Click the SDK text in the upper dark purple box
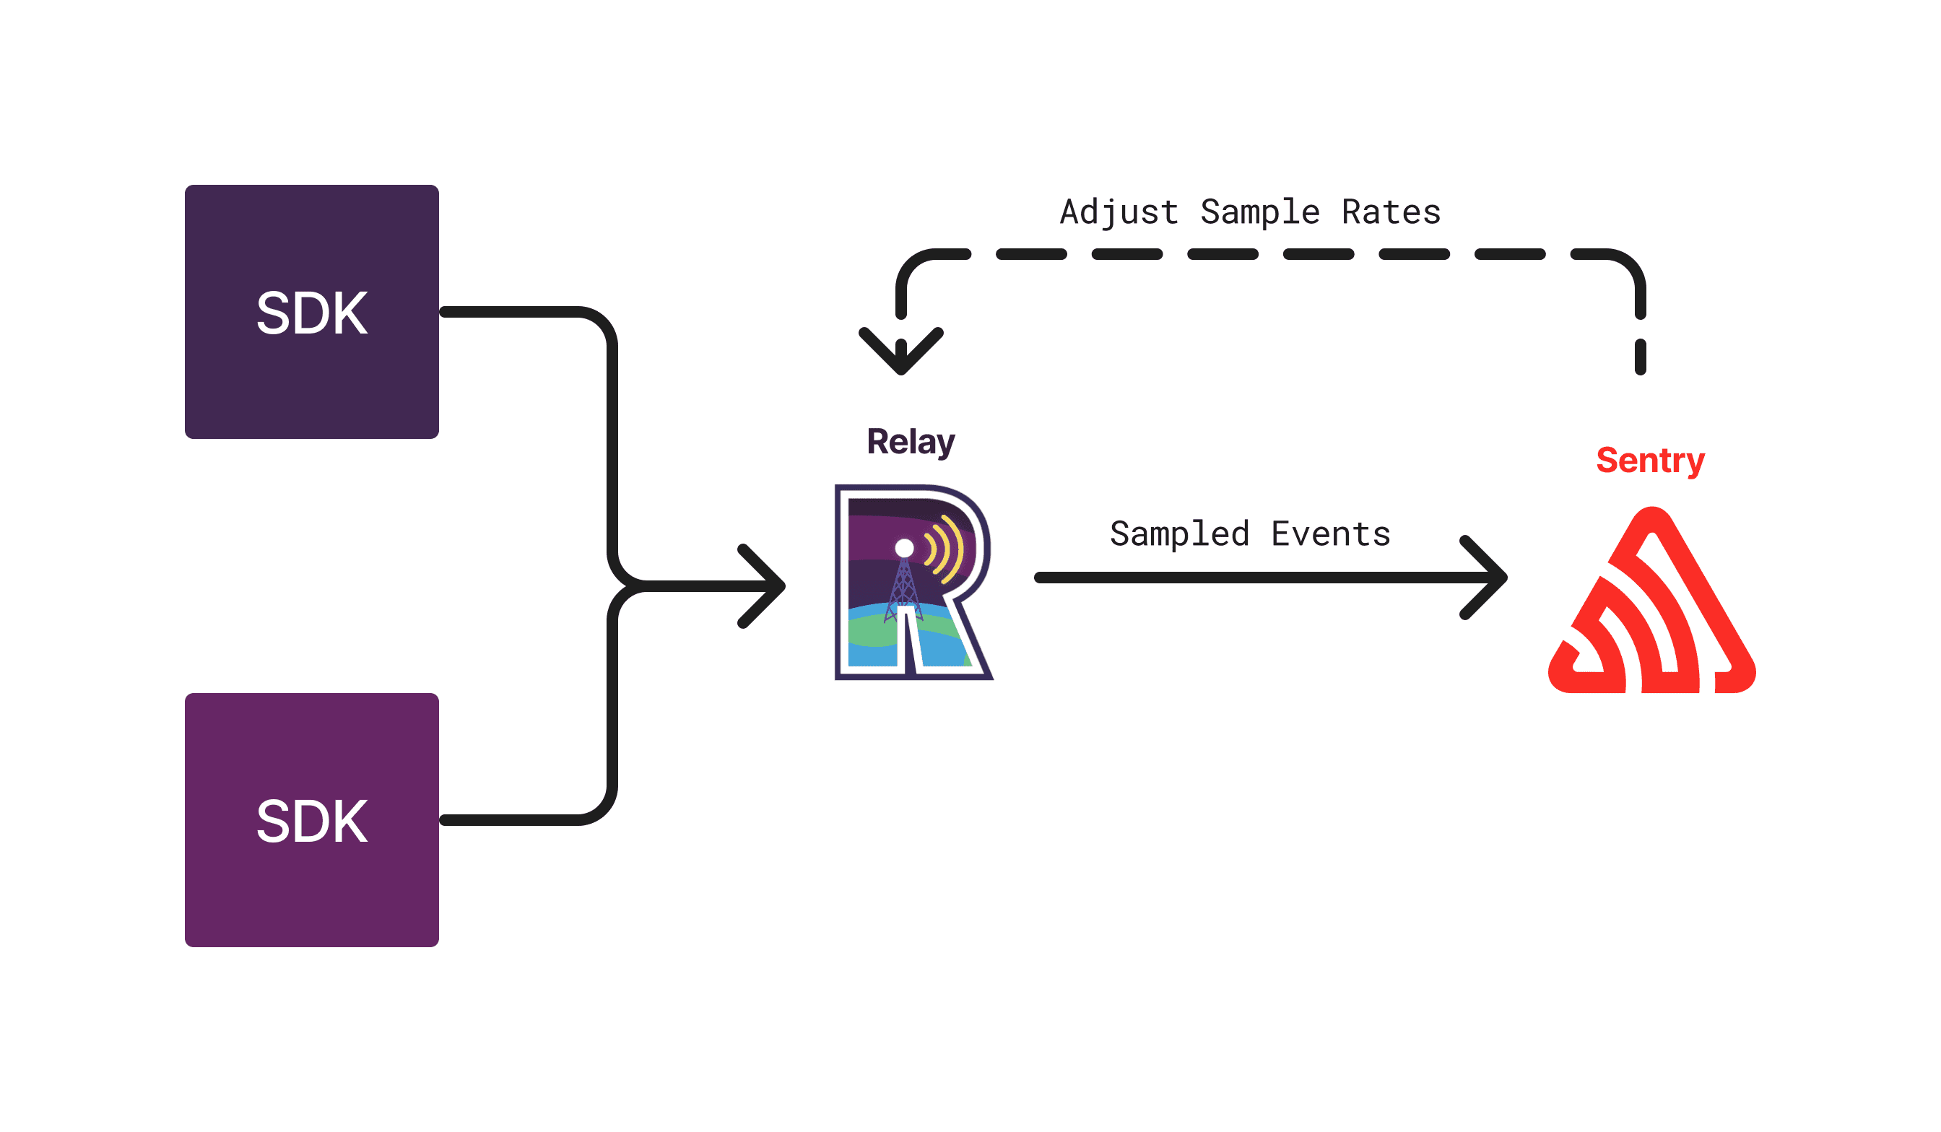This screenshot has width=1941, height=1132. pyautogui.click(x=312, y=313)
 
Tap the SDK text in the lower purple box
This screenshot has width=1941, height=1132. pyautogui.click(x=312, y=822)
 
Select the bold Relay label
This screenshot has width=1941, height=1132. pyautogui.click(x=911, y=442)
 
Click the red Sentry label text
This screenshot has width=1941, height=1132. pyautogui.click(x=1650, y=461)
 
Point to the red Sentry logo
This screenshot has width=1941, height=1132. pyautogui.click(x=1652, y=609)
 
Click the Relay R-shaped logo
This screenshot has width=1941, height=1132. pyautogui.click(x=913, y=583)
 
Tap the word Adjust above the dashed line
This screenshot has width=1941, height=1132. pyautogui.click(x=1119, y=212)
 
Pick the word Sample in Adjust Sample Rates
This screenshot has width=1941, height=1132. pyautogui.click(x=1260, y=212)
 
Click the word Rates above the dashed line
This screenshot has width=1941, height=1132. pyautogui.click(x=1391, y=212)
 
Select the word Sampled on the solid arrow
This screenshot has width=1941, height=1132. pyautogui.click(x=1179, y=534)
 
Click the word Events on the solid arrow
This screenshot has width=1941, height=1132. pyautogui.click(x=1330, y=534)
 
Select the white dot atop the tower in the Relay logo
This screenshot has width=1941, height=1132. pyautogui.click(x=904, y=547)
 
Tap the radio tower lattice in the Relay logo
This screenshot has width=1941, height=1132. pyautogui.click(x=903, y=589)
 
